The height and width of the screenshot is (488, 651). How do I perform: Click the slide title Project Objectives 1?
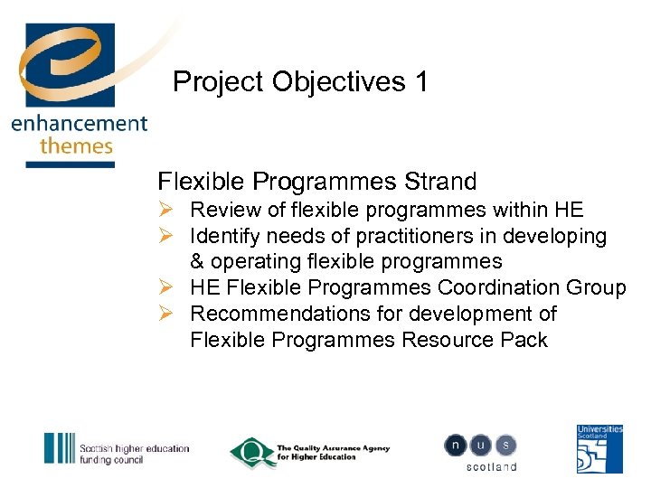tap(300, 82)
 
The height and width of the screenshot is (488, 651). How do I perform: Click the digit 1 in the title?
tap(420, 82)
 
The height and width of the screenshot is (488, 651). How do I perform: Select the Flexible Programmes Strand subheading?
tap(316, 182)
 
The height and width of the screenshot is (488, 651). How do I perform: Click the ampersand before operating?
tap(199, 262)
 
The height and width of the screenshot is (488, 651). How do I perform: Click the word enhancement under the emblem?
tap(79, 124)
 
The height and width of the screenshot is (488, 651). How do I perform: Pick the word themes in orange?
tap(76, 145)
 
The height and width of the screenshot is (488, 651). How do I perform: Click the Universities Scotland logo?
tap(599, 449)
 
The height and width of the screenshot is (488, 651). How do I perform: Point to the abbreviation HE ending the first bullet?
tap(569, 211)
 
